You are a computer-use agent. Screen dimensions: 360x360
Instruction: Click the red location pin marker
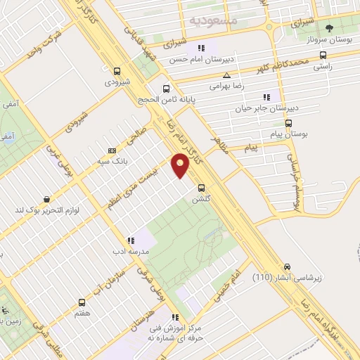pos(180,166)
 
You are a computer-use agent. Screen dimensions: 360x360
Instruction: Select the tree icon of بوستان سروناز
pos(329,29)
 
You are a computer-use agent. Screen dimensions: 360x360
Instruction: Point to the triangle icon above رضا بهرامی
pos(226,75)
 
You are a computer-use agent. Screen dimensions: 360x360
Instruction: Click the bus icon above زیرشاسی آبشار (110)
pos(286,267)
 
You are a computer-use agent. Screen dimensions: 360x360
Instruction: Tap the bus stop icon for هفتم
pos(82,302)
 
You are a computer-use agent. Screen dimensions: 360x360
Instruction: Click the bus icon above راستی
pos(322,53)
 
